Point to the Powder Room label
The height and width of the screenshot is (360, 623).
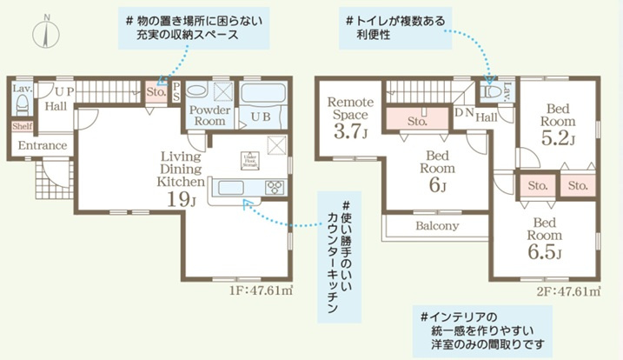pyautogui.click(x=208, y=117)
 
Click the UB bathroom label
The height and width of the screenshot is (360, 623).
pyautogui.click(x=259, y=117)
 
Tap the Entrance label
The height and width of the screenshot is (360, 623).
pyautogui.click(x=43, y=145)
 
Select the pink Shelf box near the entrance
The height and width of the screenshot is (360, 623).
pyautogui.click(x=22, y=126)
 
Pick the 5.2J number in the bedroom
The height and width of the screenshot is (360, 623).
pyautogui.click(x=555, y=137)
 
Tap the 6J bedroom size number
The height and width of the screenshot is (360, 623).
pyautogui.click(x=436, y=185)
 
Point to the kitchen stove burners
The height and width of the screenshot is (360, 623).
pyautogui.click(x=274, y=186)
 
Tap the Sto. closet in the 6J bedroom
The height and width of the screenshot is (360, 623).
pyautogui.click(x=416, y=123)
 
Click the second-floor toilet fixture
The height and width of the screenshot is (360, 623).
pyautogui.click(x=492, y=90)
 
